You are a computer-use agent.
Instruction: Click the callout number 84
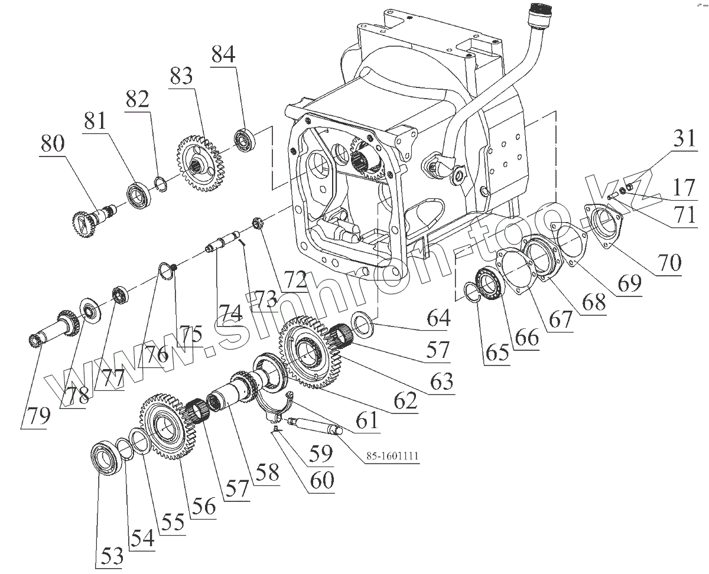tap(223, 55)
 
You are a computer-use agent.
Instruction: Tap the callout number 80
tap(53, 143)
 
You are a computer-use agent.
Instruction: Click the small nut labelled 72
tap(258, 223)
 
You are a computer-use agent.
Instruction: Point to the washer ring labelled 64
tap(362, 323)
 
